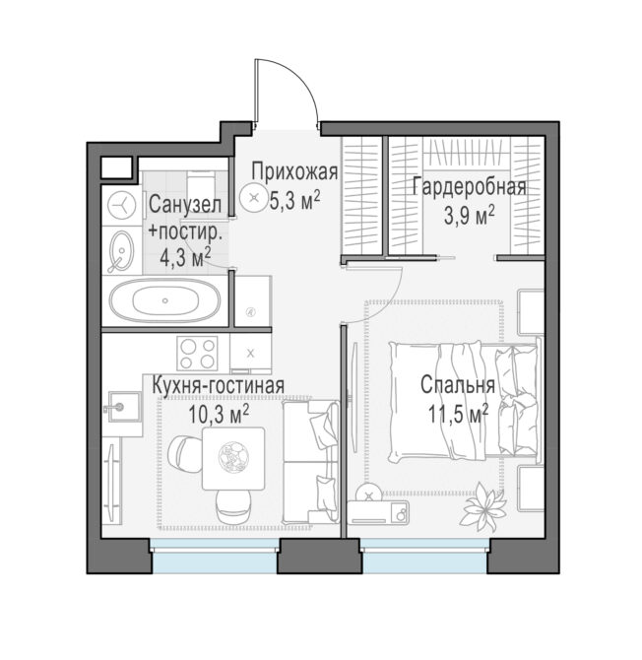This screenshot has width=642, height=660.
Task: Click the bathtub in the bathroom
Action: (x=164, y=300)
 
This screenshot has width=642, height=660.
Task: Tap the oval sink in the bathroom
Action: (x=121, y=251)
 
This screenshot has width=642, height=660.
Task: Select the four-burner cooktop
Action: (x=197, y=353)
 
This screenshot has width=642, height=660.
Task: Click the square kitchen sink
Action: (x=124, y=407)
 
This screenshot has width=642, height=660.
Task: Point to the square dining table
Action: (x=233, y=458)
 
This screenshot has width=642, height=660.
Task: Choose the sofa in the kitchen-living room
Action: (x=311, y=461)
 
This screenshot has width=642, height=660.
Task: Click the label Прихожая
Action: (x=294, y=171)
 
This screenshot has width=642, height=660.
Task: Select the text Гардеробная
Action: (x=469, y=187)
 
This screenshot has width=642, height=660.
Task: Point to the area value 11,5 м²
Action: (x=458, y=414)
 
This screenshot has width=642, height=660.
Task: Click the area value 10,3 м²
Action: (x=219, y=414)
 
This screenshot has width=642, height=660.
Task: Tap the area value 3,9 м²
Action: (x=469, y=216)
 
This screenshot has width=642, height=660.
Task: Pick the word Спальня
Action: (x=458, y=385)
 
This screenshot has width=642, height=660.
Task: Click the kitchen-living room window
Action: (x=215, y=556)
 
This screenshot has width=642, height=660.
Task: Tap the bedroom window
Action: (x=425, y=556)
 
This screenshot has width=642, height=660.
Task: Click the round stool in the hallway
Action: (x=253, y=197)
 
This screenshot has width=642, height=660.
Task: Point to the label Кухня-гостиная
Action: (x=218, y=385)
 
